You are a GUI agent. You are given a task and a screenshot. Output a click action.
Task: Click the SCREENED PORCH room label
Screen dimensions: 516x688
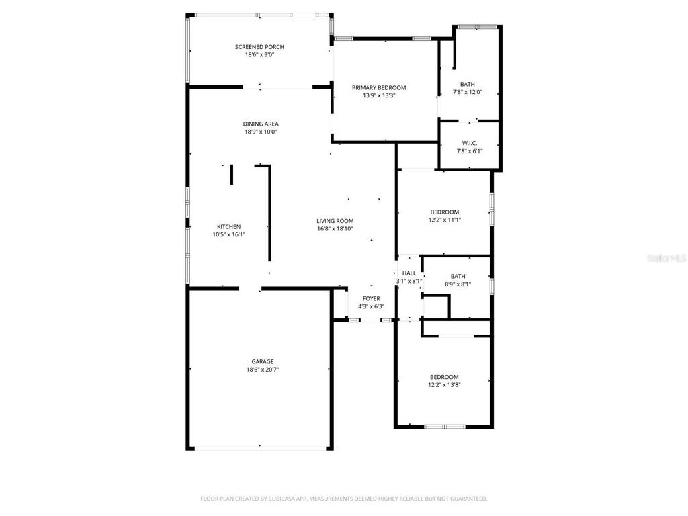click(259, 46)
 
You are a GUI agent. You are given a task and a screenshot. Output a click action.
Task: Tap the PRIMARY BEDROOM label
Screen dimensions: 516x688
click(379, 87)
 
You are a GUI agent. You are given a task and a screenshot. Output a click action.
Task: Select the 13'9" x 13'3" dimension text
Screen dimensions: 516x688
click(379, 95)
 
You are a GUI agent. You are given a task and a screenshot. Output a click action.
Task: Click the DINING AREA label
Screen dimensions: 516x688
click(261, 124)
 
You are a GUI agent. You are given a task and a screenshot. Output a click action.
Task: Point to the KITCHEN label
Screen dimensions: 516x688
click(228, 226)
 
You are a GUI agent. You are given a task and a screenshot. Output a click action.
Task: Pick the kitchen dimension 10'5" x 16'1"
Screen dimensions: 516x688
click(228, 234)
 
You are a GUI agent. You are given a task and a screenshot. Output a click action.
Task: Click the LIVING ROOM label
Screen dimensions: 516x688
click(335, 220)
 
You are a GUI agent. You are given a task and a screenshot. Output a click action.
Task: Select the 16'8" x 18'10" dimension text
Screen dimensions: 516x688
click(335, 228)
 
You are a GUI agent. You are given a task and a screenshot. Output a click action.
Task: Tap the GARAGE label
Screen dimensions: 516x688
click(263, 361)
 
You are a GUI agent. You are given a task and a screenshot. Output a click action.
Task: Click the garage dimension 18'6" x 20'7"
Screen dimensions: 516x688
click(263, 370)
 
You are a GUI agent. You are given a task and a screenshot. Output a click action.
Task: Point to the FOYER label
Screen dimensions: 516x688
click(371, 298)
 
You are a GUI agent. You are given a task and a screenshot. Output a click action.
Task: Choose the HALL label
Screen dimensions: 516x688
click(409, 273)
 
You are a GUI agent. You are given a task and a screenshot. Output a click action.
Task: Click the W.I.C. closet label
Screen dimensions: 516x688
click(469, 142)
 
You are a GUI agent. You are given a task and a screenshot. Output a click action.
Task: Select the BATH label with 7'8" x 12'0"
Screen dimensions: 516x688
click(468, 84)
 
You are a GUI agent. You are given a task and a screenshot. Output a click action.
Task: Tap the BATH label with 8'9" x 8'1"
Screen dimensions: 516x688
click(458, 276)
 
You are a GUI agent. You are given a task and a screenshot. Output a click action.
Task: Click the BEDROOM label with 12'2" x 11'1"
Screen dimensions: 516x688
click(444, 212)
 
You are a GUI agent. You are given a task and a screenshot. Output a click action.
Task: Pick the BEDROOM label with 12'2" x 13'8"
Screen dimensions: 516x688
click(444, 377)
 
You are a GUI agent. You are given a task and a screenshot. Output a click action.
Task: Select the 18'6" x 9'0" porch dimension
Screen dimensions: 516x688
click(259, 54)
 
